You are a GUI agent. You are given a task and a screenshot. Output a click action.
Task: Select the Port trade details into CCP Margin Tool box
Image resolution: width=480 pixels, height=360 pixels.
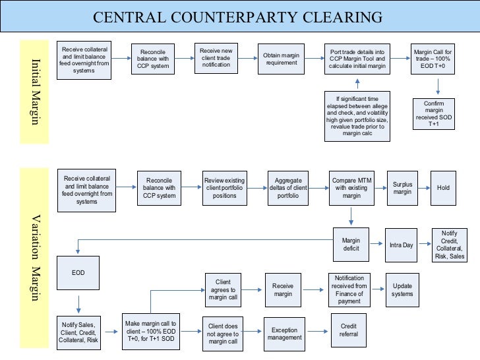(x=357, y=59)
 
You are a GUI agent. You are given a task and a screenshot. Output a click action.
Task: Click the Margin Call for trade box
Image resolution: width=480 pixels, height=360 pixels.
(x=433, y=59)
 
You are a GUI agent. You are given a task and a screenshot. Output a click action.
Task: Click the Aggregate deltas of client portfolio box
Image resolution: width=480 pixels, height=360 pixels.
(x=288, y=188)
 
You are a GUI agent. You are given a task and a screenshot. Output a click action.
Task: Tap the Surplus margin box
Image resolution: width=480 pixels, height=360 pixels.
(x=402, y=188)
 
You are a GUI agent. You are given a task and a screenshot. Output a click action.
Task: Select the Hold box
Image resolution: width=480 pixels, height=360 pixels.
(x=442, y=188)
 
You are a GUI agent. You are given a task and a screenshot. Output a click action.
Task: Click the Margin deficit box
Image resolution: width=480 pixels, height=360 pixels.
(x=351, y=245)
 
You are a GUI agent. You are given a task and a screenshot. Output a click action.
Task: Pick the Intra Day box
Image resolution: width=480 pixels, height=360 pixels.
(x=401, y=245)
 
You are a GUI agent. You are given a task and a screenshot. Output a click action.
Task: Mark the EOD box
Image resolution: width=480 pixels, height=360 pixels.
(x=78, y=272)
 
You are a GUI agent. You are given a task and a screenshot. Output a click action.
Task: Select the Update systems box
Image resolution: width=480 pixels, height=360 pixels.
(x=402, y=290)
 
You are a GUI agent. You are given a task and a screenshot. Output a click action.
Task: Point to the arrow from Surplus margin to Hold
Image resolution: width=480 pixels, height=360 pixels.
(x=425, y=188)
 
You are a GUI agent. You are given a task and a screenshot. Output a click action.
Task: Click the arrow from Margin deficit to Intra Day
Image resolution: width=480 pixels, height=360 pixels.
(x=377, y=245)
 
